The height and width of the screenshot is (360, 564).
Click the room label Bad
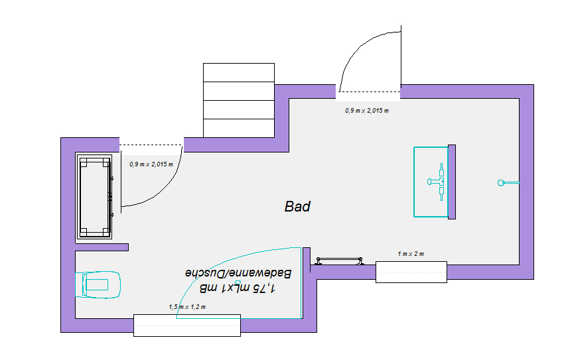point(297,207)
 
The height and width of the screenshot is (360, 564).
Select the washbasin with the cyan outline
point(431,182)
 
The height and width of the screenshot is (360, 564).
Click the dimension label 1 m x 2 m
point(411,255)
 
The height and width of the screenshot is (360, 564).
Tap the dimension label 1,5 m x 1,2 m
point(187,307)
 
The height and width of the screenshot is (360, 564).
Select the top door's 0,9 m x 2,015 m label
point(367,111)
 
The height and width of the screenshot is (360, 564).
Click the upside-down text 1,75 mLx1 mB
point(238,289)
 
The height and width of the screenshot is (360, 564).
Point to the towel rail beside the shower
point(340,259)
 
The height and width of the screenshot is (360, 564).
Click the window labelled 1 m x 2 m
point(411,272)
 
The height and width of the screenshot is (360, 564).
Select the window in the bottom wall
point(186,325)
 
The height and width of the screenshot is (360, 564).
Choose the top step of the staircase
point(238,72)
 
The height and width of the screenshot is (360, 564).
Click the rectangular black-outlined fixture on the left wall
point(96,198)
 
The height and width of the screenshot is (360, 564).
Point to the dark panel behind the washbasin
point(452,182)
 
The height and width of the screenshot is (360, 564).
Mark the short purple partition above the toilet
point(102,247)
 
